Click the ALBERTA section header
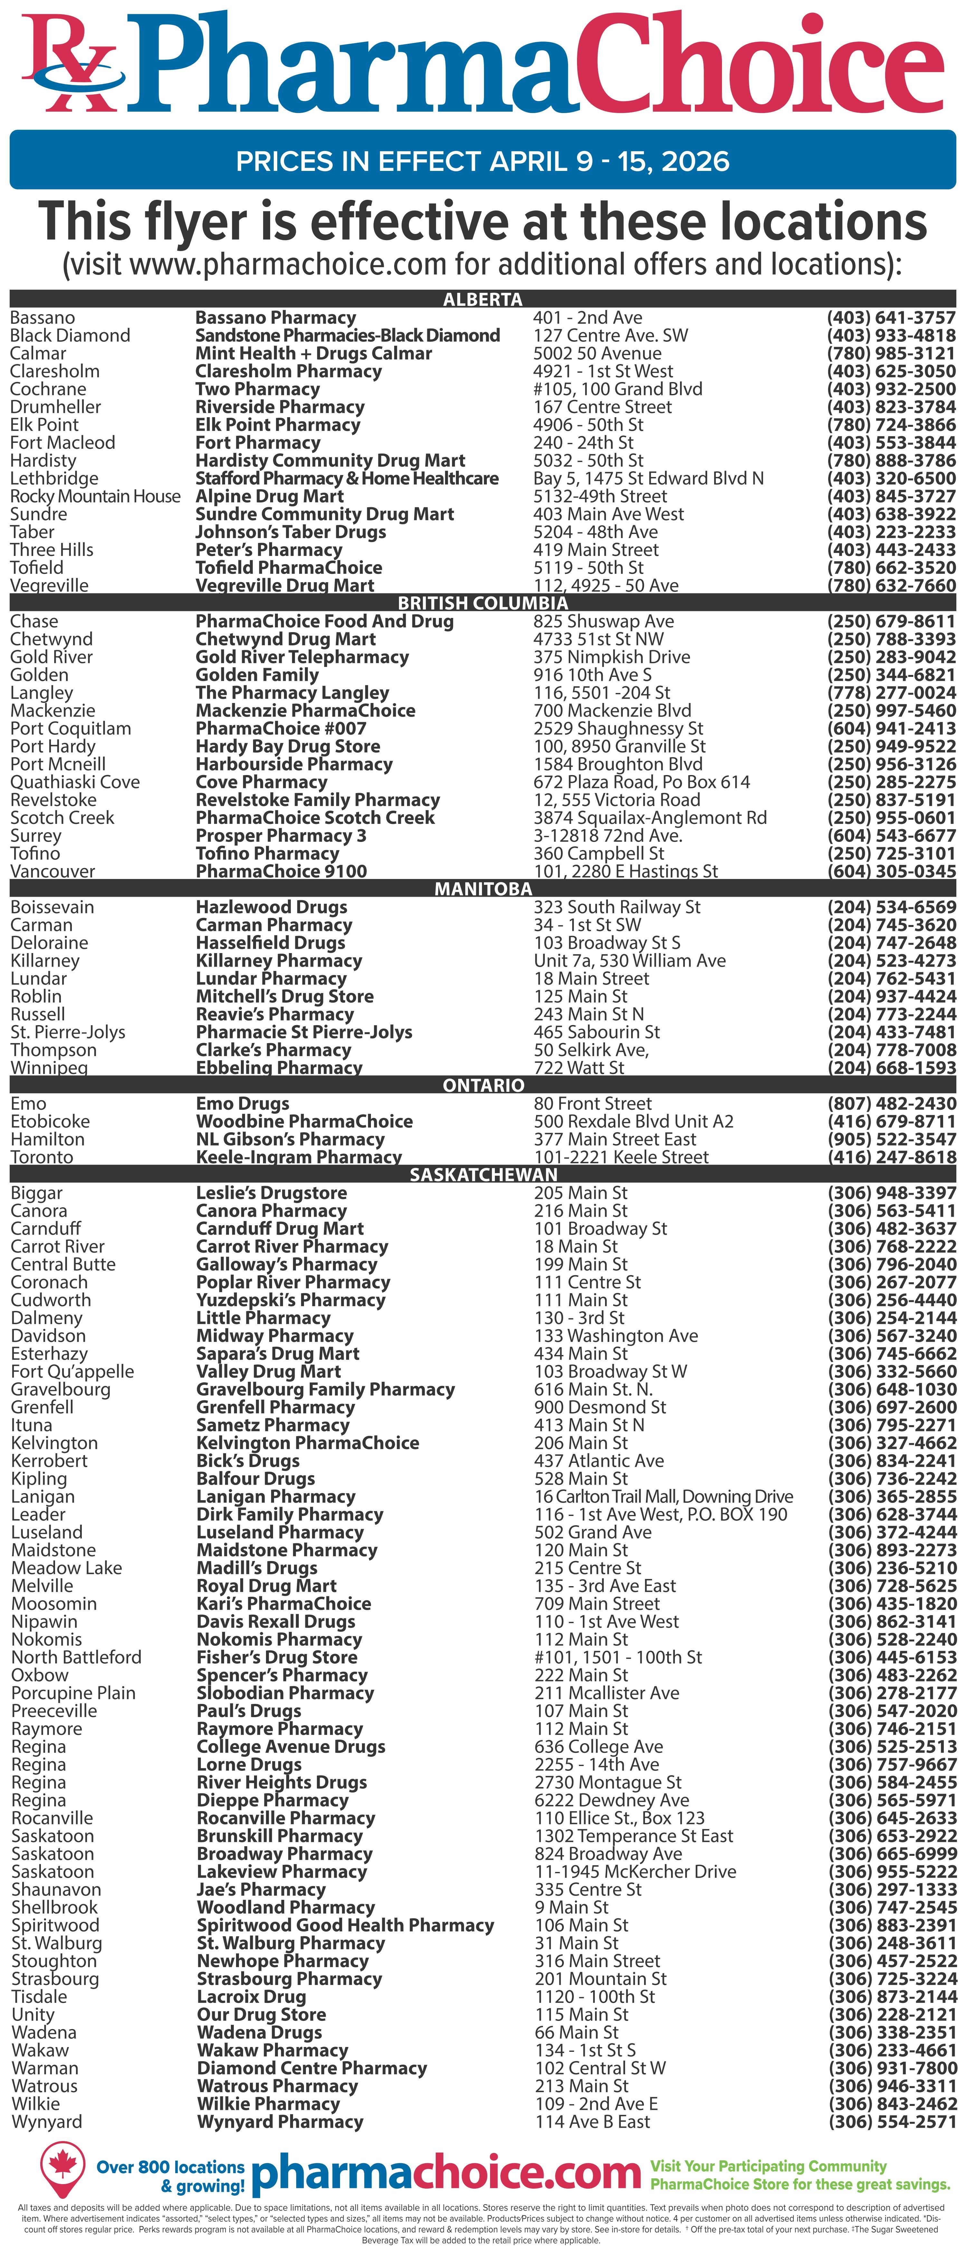tap(482, 299)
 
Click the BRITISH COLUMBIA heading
tap(482, 603)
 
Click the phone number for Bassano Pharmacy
tap(891, 317)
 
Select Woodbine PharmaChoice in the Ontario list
tap(304, 1121)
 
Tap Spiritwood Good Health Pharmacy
tap(345, 1925)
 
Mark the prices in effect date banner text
tap(482, 161)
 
